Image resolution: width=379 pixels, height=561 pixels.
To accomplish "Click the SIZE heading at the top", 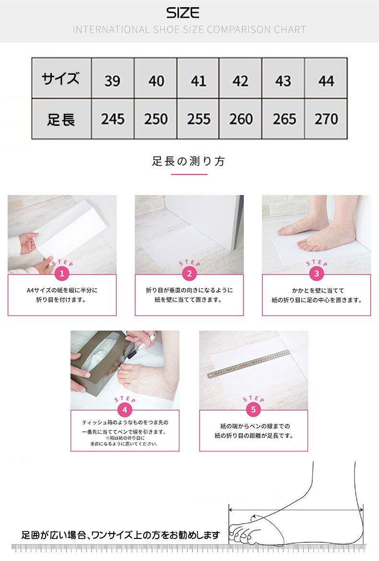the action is tap(182, 13).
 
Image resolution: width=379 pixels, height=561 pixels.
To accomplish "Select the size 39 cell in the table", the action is tap(113, 78).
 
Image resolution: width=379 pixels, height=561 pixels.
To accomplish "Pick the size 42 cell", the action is tap(240, 78).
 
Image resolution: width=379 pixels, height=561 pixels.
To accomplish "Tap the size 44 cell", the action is tap(326, 78).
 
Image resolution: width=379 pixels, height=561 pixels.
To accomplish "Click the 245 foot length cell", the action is tap(113, 119).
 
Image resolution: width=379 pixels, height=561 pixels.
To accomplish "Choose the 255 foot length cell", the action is tap(198, 119).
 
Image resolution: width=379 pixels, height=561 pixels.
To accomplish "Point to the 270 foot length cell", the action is tap(326, 119).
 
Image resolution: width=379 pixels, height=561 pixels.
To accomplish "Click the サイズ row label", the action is tap(61, 78).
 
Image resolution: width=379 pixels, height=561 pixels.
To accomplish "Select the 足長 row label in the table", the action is tap(61, 119).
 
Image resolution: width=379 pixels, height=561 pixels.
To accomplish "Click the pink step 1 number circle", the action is tap(62, 274).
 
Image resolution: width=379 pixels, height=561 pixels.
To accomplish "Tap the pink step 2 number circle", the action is tap(189, 274).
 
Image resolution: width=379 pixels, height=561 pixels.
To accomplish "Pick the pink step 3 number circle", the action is tap(317, 274).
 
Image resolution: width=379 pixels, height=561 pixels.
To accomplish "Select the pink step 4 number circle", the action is tap(125, 410).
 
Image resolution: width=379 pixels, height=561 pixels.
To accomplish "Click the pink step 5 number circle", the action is tap(253, 410).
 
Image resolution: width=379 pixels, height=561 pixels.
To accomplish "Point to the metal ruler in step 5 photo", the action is tap(248, 364).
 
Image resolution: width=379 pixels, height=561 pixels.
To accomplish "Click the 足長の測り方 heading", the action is tap(189, 161).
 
